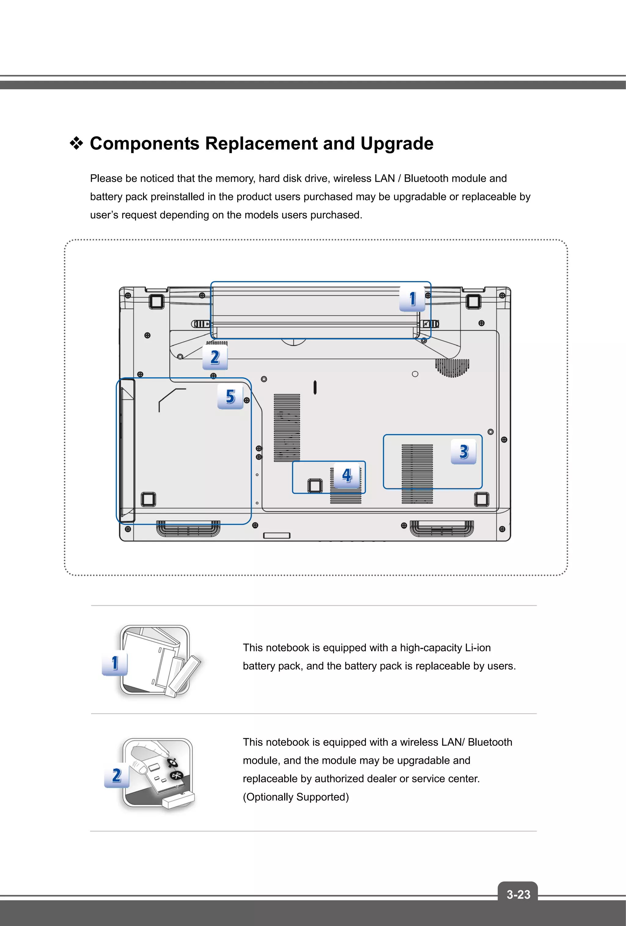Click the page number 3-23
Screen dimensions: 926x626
coord(518,895)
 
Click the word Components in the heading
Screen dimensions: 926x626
coord(144,143)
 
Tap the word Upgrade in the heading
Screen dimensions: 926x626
coord(397,143)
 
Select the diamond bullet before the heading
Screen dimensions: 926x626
coord(76,143)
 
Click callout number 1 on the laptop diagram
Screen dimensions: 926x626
coord(413,299)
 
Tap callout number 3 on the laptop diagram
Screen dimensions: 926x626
coord(463,452)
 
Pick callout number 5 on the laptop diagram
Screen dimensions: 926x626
coord(230,397)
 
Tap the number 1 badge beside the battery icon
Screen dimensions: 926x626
coord(115,663)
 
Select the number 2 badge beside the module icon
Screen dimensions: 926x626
coord(116,776)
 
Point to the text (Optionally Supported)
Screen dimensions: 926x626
coord(296,797)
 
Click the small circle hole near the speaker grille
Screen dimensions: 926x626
coord(415,374)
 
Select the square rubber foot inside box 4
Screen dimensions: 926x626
coord(315,485)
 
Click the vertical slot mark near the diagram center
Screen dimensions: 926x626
coord(315,387)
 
